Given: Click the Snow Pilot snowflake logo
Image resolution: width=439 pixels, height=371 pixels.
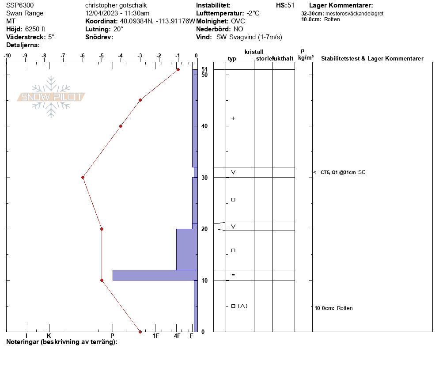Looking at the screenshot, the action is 51,97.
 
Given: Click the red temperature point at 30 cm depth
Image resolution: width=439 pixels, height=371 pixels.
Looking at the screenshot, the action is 83,177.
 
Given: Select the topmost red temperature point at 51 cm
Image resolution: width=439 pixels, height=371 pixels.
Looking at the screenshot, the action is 178,69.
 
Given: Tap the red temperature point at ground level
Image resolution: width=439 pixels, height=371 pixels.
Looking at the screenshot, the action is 140,332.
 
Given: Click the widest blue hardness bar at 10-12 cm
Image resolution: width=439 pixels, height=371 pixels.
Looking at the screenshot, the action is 155,275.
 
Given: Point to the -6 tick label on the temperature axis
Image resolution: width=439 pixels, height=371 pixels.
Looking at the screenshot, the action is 82,56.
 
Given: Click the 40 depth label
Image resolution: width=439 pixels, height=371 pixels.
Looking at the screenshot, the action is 204,126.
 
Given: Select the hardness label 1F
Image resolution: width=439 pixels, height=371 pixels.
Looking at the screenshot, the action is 156,336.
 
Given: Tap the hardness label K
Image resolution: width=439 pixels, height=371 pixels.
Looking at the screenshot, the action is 49,336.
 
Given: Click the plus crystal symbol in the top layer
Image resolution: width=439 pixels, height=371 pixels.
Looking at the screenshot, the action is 233,118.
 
